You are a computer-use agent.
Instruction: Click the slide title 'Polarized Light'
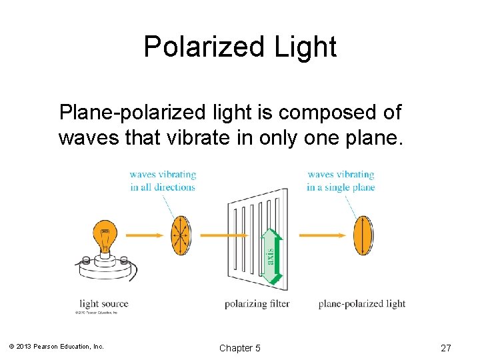[x=240, y=47]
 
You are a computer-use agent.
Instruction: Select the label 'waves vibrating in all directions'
[x=163, y=181]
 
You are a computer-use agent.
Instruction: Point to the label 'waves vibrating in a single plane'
[x=341, y=181]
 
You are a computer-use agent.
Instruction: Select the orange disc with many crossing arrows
[x=180, y=235]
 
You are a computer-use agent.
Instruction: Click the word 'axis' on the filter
[x=270, y=255]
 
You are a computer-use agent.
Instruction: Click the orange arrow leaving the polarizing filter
[x=324, y=235]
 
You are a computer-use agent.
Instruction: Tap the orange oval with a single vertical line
[x=363, y=235]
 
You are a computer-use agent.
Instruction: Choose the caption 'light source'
[x=103, y=304]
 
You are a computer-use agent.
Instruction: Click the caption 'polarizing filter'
[x=257, y=304]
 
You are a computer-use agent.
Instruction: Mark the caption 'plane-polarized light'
[x=361, y=304]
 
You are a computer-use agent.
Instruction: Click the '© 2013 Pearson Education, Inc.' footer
[x=57, y=347]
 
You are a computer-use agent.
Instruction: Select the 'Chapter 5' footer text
[x=240, y=348]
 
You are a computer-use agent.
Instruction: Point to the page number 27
[x=446, y=348]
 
